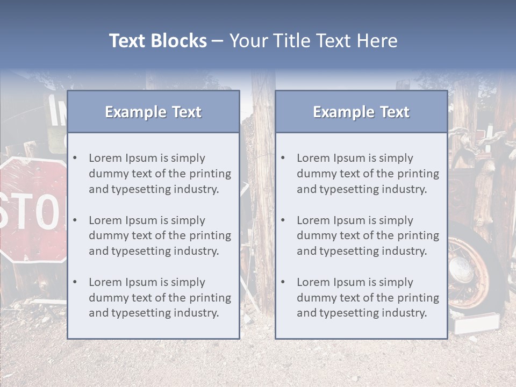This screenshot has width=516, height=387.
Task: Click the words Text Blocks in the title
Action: (x=157, y=41)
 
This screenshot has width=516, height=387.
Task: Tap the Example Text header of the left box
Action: (x=153, y=112)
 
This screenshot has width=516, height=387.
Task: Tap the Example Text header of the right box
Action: (x=361, y=112)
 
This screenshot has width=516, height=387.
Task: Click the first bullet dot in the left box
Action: (x=75, y=158)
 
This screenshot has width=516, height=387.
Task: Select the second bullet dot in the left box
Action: (x=75, y=220)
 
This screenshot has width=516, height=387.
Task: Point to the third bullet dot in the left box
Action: (x=75, y=282)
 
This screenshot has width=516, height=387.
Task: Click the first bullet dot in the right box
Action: (x=283, y=158)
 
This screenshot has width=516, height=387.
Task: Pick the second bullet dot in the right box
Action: (x=283, y=220)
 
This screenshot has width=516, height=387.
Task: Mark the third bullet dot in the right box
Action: (x=283, y=282)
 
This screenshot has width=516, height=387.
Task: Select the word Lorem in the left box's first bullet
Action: (x=105, y=158)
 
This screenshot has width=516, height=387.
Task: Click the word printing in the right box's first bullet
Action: (x=419, y=174)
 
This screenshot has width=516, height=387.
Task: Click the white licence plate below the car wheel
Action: (x=477, y=323)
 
